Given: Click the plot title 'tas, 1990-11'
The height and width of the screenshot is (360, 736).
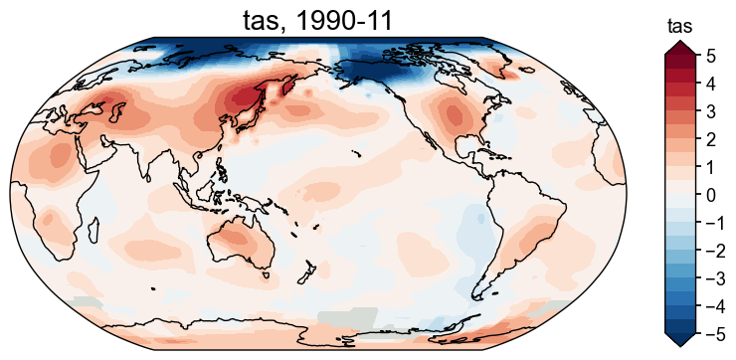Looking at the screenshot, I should point(317,19).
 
